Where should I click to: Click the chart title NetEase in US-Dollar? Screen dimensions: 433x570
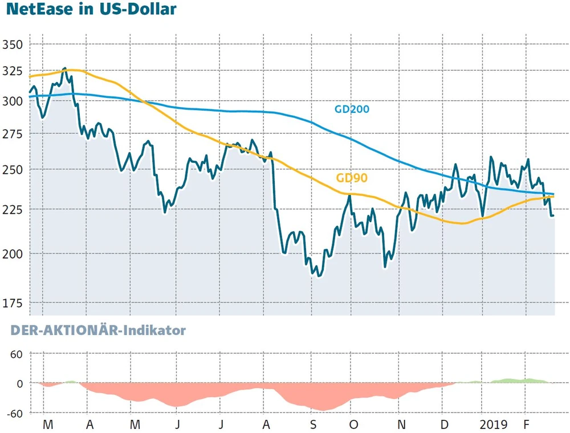(88, 10)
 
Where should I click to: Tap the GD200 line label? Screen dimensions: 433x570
(352, 109)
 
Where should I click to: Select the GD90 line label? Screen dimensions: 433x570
(351, 178)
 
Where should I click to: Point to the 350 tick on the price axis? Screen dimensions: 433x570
(12, 44)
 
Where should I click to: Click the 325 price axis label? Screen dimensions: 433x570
(12, 72)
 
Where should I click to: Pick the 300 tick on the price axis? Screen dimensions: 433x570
(12, 101)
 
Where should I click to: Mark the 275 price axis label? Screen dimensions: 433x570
(12, 134)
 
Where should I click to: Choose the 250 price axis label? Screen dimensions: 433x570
(12, 170)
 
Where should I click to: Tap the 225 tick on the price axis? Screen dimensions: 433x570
(12, 209)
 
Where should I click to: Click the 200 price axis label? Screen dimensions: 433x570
(12, 254)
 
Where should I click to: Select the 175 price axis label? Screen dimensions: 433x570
(12, 304)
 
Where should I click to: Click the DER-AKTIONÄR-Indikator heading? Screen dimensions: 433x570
(93, 330)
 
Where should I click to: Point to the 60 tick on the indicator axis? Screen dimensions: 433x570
(15, 354)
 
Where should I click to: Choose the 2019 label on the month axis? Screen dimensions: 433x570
(494, 425)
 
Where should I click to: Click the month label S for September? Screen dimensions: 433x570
(313, 425)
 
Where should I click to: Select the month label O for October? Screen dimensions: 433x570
(354, 425)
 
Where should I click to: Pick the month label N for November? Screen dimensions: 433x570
(401, 425)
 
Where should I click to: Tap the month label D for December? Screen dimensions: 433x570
(443, 425)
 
